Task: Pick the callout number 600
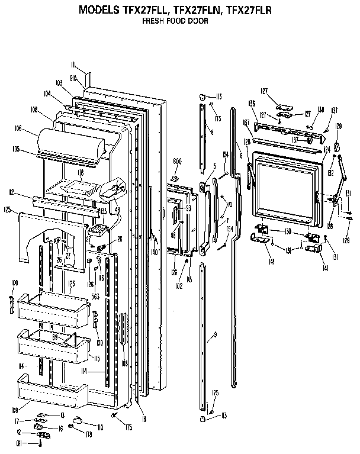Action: pos(177,162)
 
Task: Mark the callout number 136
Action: pos(252,104)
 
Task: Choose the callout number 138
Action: pos(320,110)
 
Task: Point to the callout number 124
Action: pos(327,150)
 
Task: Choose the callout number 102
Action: pos(177,284)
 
